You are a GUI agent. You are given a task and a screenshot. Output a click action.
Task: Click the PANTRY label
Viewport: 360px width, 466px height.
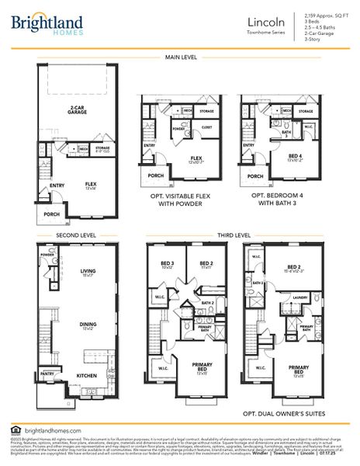(x=47, y=374)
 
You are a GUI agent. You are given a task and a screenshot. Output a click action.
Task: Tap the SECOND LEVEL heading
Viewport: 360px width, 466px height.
(x=54, y=235)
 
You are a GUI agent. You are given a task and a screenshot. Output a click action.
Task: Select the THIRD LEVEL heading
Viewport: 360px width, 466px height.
(x=234, y=235)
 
